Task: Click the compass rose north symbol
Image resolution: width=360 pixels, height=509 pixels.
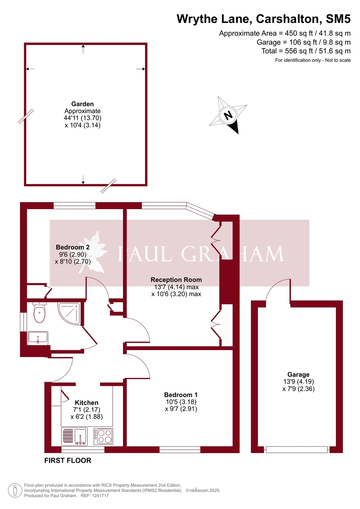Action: click(x=228, y=115)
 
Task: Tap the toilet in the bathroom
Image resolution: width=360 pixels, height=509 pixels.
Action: click(x=39, y=314)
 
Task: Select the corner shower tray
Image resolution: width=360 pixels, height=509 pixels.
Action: click(x=67, y=313)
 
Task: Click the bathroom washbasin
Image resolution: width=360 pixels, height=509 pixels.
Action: click(x=38, y=338)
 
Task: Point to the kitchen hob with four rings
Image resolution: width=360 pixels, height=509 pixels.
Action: click(x=104, y=436)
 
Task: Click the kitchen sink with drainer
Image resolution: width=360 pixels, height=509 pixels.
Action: click(x=75, y=436)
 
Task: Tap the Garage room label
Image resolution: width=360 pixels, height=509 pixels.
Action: click(x=298, y=375)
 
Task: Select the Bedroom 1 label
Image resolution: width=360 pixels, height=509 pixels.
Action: click(x=181, y=394)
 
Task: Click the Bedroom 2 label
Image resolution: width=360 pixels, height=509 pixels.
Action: click(x=73, y=247)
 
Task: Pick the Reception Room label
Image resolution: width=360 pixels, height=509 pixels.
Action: click(x=176, y=280)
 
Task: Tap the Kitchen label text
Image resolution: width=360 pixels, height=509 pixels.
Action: click(x=87, y=403)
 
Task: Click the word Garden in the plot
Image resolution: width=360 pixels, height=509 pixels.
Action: click(x=83, y=103)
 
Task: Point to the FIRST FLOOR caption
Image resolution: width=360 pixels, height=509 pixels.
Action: click(x=68, y=461)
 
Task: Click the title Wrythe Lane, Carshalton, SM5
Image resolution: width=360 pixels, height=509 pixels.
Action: click(x=263, y=19)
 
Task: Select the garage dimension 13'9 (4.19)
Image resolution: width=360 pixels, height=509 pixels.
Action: click(x=298, y=381)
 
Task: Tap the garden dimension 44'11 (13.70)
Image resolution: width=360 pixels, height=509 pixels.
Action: click(x=83, y=118)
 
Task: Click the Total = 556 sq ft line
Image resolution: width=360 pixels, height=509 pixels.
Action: click(x=306, y=51)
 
